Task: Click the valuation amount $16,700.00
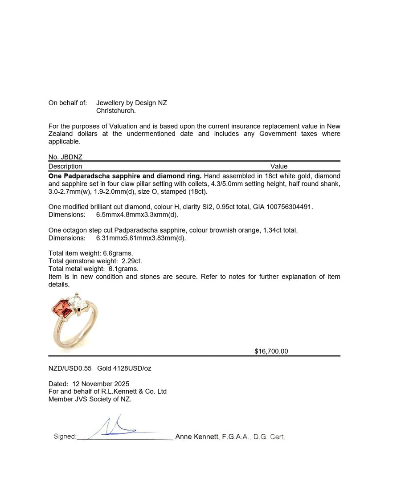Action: click(271, 351)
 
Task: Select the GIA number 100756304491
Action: click(286, 207)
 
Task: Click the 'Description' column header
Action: click(65, 167)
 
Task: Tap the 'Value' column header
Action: click(279, 167)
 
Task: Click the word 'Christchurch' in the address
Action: click(116, 110)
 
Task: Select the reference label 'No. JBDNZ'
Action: click(65, 157)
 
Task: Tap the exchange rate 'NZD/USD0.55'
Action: click(70, 368)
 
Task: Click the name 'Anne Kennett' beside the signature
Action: click(196, 437)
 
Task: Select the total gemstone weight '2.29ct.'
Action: click(132, 261)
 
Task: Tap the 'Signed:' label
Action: click(65, 437)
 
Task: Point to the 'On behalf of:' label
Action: click(68, 103)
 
